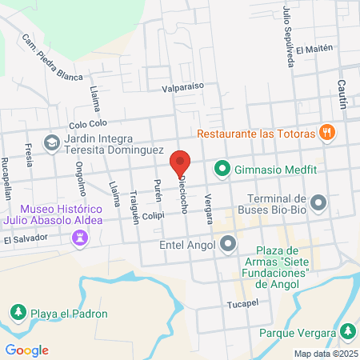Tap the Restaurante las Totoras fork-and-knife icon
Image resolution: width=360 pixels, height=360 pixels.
pyautogui.click(x=326, y=132)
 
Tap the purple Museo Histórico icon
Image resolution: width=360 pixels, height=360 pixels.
pyautogui.click(x=79, y=237)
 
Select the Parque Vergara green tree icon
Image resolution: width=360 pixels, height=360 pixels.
pyautogui.click(x=347, y=330)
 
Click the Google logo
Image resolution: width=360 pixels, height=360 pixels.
pyautogui.click(x=26, y=350)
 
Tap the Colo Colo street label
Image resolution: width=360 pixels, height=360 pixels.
pyautogui.click(x=88, y=124)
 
